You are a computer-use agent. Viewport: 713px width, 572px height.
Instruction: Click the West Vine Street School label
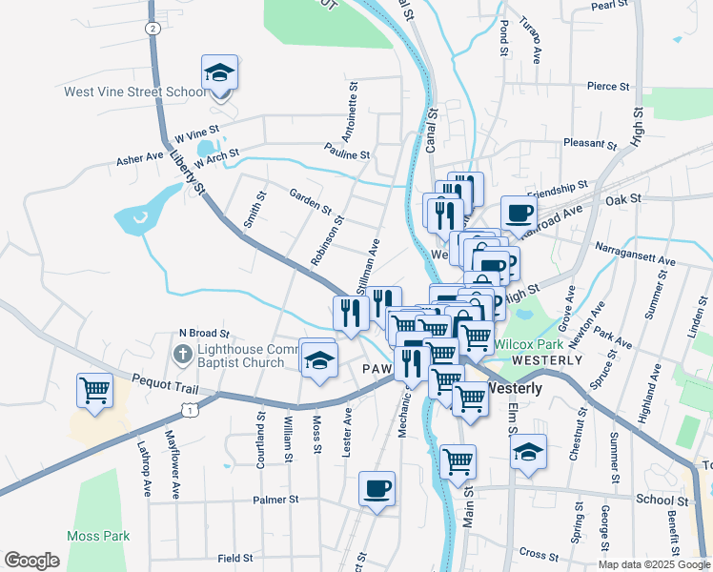tap(134, 92)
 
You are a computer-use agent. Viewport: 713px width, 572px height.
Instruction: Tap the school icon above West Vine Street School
tap(219, 73)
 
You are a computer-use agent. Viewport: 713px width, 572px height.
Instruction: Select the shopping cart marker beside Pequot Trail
tap(95, 391)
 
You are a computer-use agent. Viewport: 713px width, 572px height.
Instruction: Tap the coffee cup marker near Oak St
tap(519, 213)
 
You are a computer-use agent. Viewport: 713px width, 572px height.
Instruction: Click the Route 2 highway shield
tap(153, 29)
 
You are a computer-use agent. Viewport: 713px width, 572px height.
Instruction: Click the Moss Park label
tap(98, 536)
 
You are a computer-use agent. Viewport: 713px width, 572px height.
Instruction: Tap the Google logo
tap(31, 561)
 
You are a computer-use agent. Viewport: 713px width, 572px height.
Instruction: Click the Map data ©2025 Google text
tap(653, 564)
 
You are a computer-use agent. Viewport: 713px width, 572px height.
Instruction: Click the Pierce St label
tap(608, 86)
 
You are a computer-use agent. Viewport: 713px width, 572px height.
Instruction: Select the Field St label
tap(234, 558)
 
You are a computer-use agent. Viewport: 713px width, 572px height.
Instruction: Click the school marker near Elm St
tap(528, 453)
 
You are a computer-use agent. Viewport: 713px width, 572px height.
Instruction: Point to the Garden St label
tap(310, 201)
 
